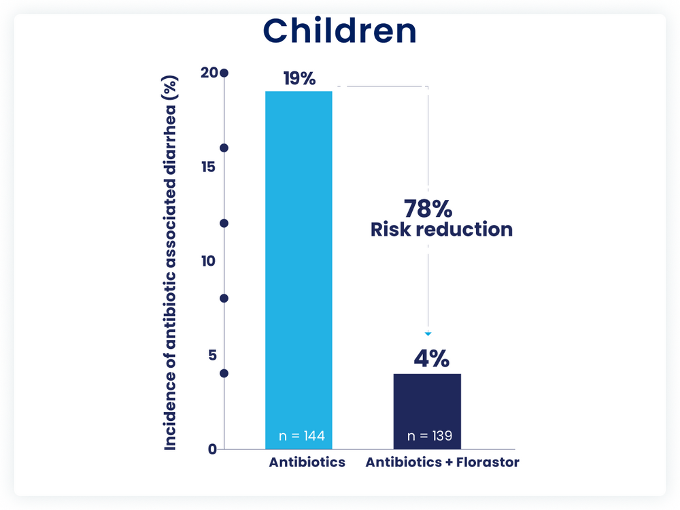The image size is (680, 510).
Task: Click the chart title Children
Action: (339, 31)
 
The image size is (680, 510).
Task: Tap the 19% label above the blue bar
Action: (299, 79)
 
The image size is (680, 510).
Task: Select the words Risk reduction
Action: (441, 230)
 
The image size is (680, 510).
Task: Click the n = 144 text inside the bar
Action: (302, 436)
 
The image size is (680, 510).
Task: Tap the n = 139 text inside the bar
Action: (430, 436)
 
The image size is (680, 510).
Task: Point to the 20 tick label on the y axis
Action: (209, 73)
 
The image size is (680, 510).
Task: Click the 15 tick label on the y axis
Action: (209, 167)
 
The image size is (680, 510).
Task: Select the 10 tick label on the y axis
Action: (209, 261)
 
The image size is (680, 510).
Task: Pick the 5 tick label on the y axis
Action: (211, 355)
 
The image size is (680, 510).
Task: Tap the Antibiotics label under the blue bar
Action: (307, 463)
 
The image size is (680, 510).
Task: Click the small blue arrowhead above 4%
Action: (428, 333)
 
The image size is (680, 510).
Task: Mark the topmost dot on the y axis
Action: (224, 73)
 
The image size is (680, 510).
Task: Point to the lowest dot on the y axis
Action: (224, 373)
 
